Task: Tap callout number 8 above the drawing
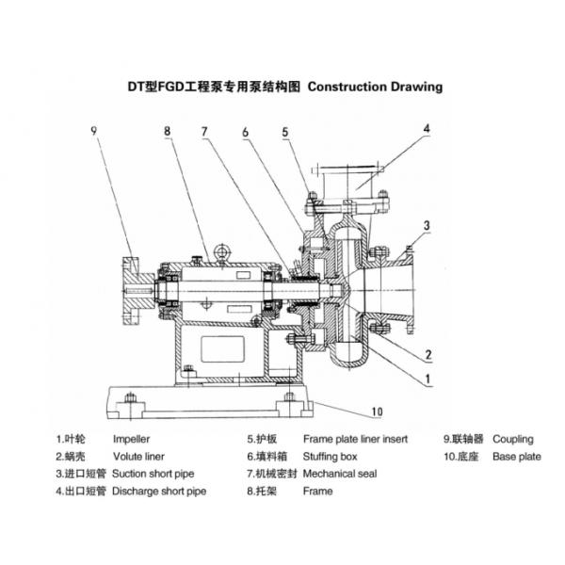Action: coord(168,133)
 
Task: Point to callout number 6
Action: coord(245,133)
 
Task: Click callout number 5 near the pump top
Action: coord(286,133)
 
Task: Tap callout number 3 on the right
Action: coord(427,225)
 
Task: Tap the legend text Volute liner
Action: coord(138,457)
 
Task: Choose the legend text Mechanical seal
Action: coord(340,474)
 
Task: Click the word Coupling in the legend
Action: coord(512,439)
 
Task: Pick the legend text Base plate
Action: coord(517,457)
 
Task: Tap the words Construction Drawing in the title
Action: coord(375,87)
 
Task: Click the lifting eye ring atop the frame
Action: coord(222,252)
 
